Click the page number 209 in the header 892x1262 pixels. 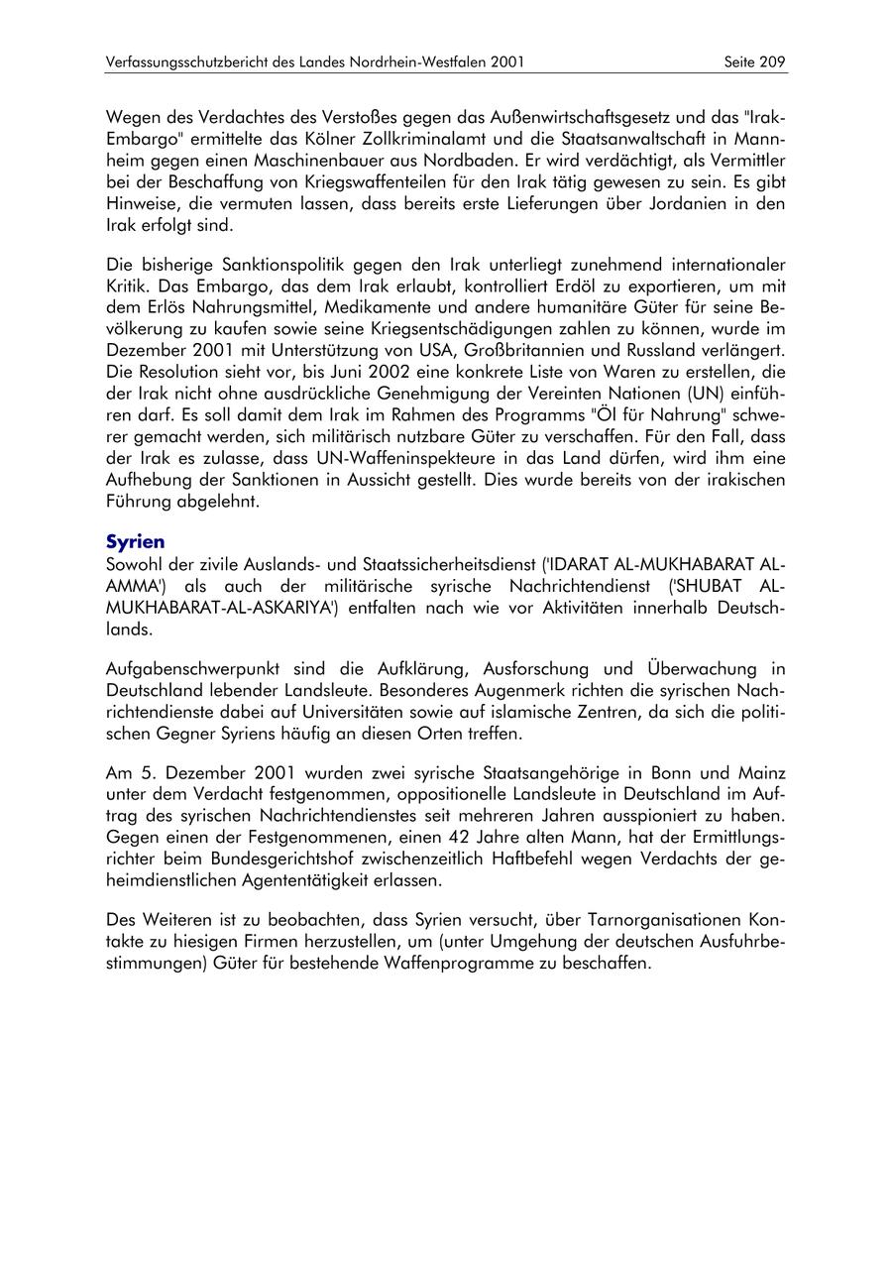coord(772,62)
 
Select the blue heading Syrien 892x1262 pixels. coord(135,542)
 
